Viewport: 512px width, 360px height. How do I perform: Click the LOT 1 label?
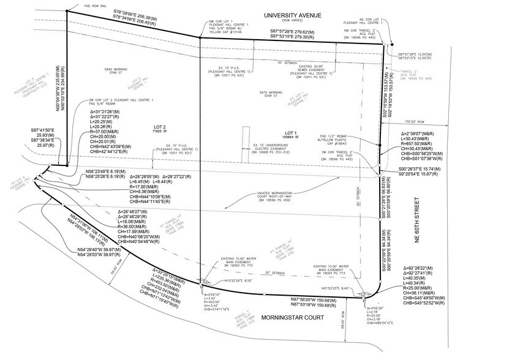(x=290, y=132)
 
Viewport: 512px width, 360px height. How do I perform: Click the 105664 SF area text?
(x=290, y=137)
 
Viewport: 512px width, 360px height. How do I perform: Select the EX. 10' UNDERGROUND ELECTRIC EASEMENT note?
(x=285, y=148)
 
